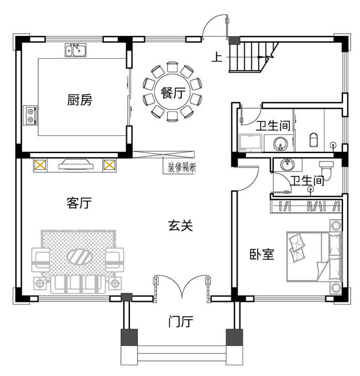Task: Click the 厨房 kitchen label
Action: [79, 100]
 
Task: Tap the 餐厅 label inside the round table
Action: [173, 93]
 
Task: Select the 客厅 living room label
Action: [79, 203]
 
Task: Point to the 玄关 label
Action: [181, 226]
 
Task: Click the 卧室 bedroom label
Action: [261, 254]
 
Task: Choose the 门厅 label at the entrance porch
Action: [181, 321]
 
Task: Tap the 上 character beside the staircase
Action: [217, 57]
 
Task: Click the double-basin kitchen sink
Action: [75, 50]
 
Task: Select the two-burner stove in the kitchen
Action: [30, 115]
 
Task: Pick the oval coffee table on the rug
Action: [80, 257]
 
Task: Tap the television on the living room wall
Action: [76, 165]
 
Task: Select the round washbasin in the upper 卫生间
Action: [280, 144]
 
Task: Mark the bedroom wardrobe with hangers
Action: [306, 206]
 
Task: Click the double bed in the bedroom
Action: [314, 256]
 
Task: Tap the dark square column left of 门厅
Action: [129, 337]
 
